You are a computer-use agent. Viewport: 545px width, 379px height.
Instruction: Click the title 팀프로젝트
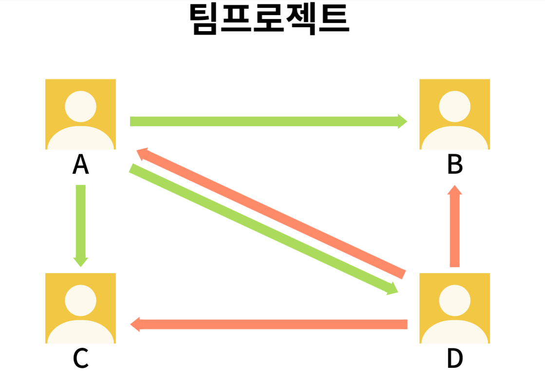pos(269,19)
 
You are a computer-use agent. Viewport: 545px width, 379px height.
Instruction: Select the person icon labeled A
pos(80,114)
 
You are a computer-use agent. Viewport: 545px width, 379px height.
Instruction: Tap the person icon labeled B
pos(454,114)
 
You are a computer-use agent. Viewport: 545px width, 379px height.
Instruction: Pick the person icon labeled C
pos(80,308)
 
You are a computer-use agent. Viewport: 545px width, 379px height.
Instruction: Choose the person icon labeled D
pos(454,308)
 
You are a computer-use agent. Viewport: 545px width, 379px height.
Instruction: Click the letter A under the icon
pos(80,165)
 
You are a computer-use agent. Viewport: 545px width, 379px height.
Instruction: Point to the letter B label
pos(454,165)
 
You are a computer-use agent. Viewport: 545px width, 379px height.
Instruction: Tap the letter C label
pos(80,359)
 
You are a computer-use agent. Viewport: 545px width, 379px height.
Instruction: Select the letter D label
pos(454,359)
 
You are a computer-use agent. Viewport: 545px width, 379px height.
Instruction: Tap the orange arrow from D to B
pos(454,229)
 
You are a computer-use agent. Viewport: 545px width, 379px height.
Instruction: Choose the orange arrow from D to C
pos(270,324)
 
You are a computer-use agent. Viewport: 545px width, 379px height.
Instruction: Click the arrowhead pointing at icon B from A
pos(402,121)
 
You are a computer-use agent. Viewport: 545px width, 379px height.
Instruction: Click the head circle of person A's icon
pos(80,106)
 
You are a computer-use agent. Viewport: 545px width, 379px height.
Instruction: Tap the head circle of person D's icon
pos(454,300)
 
